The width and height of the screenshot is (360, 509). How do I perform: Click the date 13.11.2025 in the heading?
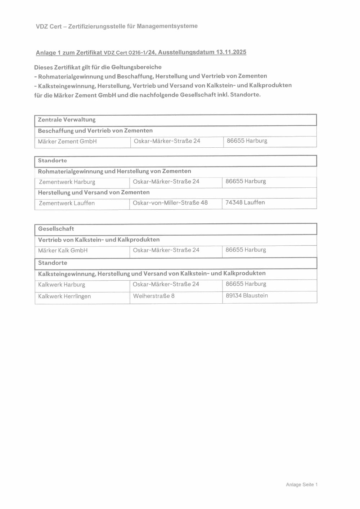pos(231,52)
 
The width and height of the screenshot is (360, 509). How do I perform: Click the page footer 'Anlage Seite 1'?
pos(302,485)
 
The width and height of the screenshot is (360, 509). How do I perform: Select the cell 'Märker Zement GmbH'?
pos(67,142)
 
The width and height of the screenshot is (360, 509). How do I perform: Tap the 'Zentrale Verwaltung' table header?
pos(67,120)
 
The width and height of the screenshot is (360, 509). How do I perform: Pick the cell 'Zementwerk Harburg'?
pos(67,182)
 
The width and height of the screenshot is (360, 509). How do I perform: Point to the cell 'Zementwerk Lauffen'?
pos(67,203)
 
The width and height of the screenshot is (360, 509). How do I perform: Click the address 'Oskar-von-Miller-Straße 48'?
pos(170,203)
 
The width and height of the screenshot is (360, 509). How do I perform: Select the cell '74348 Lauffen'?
pos(245,202)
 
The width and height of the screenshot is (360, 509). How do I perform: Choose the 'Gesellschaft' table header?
pos(56,229)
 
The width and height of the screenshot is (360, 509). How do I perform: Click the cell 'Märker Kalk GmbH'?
pos(63,250)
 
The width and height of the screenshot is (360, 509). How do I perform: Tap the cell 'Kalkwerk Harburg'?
pos(62,285)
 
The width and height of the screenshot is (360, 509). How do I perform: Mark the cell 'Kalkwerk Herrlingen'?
pos(64,296)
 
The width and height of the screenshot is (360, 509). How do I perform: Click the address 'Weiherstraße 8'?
pos(154,296)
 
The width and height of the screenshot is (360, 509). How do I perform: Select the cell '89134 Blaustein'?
pos(247,295)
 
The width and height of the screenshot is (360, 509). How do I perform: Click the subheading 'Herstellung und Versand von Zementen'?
pos(94,192)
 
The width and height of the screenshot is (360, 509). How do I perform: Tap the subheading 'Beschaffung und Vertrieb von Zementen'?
pos(95,130)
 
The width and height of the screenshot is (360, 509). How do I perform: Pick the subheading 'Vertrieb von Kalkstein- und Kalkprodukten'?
pos(99,240)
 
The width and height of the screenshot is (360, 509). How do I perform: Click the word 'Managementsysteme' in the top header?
pos(167,26)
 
